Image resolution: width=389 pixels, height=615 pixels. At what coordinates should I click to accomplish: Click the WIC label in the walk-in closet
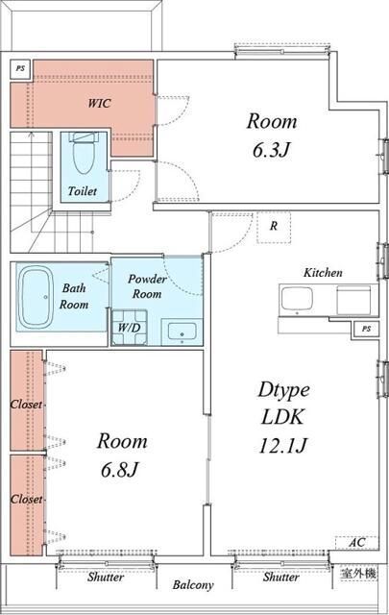(99, 103)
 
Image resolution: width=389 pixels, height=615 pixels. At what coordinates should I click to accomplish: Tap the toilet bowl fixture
(84, 154)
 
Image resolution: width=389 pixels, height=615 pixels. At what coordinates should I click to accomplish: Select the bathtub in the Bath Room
(36, 297)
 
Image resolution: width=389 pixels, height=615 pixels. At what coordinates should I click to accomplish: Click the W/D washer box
(130, 328)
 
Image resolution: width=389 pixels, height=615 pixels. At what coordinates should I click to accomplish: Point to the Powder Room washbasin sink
(182, 332)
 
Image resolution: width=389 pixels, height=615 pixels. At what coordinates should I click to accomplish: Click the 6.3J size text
(272, 150)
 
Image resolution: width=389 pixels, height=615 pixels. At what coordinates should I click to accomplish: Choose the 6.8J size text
(120, 470)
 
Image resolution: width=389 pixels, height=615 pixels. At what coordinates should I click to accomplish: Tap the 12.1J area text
(282, 446)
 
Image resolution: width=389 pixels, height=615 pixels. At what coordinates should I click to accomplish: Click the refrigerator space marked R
(274, 228)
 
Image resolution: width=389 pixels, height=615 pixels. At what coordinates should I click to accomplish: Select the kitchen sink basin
(297, 298)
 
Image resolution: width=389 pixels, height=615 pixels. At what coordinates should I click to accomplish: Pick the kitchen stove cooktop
(353, 300)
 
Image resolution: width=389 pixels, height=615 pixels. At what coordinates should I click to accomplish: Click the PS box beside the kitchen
(366, 329)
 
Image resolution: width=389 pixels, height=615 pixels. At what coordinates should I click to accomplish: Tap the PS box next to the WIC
(20, 68)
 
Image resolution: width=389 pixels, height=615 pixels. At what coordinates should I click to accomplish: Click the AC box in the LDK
(357, 542)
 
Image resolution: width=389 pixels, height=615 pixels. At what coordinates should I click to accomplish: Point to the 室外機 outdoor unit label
(358, 574)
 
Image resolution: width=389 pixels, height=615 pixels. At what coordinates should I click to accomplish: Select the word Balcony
(193, 585)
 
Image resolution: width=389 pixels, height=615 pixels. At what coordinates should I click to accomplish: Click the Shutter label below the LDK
(280, 577)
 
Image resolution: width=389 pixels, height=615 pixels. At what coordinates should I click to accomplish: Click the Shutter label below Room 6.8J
(106, 577)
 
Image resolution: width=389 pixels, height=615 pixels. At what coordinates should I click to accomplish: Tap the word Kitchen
(323, 273)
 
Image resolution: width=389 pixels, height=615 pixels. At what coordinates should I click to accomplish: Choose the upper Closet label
(26, 405)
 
